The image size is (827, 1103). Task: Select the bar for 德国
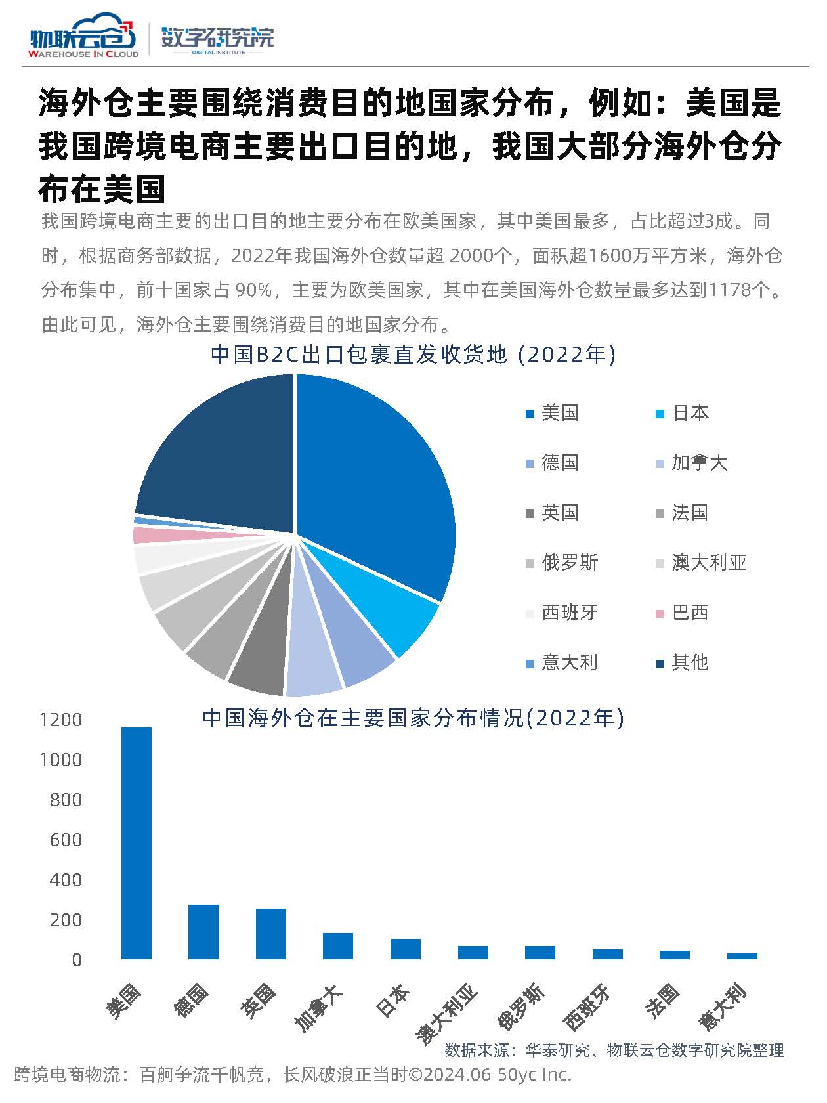[203, 932]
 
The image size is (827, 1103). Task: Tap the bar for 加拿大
[338, 945]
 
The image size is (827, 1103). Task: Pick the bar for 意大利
[742, 956]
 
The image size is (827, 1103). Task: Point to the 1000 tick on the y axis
[61, 760]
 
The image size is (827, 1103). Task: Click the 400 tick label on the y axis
[66, 880]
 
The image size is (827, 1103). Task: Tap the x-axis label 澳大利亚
[446, 1014]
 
